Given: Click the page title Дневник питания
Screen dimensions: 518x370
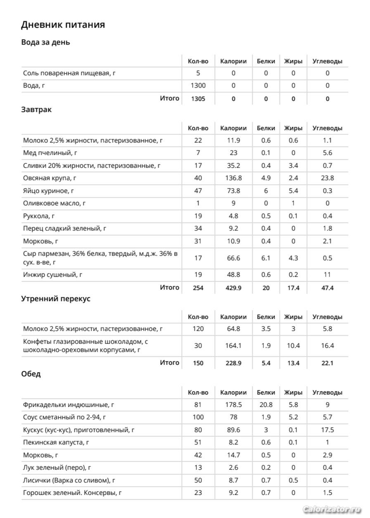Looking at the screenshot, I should (x=63, y=25).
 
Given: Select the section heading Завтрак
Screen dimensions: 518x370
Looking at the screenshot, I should (x=36, y=110).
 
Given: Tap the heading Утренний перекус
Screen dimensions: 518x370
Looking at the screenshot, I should (x=56, y=299).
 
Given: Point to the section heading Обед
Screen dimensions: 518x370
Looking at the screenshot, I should (x=31, y=374).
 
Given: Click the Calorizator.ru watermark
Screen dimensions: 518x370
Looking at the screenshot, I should (x=332, y=509).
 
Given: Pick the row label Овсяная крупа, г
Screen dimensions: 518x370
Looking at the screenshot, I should (x=50, y=178).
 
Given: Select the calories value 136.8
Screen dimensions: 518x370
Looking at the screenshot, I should (x=233, y=178).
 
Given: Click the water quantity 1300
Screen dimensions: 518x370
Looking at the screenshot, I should (x=198, y=86).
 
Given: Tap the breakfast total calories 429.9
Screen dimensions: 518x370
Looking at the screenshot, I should (x=233, y=288).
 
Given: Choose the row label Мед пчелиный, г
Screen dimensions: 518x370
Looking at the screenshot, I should (x=50, y=153).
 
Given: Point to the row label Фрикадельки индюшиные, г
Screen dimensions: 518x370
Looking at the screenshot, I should (x=69, y=405).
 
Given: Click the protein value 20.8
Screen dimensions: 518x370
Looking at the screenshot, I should (x=266, y=405).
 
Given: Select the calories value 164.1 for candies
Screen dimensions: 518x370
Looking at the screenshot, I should (x=233, y=346).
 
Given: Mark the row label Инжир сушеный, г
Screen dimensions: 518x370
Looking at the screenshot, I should (x=50, y=274).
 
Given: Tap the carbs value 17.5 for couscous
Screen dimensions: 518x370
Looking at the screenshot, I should (x=327, y=430).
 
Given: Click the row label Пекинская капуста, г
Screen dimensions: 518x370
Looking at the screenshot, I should (x=56, y=442).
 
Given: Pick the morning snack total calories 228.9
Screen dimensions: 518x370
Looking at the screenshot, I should (x=233, y=363).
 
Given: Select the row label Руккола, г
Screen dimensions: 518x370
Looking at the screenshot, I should (x=39, y=216).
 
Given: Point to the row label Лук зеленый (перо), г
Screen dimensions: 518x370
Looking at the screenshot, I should (x=57, y=468).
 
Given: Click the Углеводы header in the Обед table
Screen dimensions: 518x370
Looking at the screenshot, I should (x=327, y=392).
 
